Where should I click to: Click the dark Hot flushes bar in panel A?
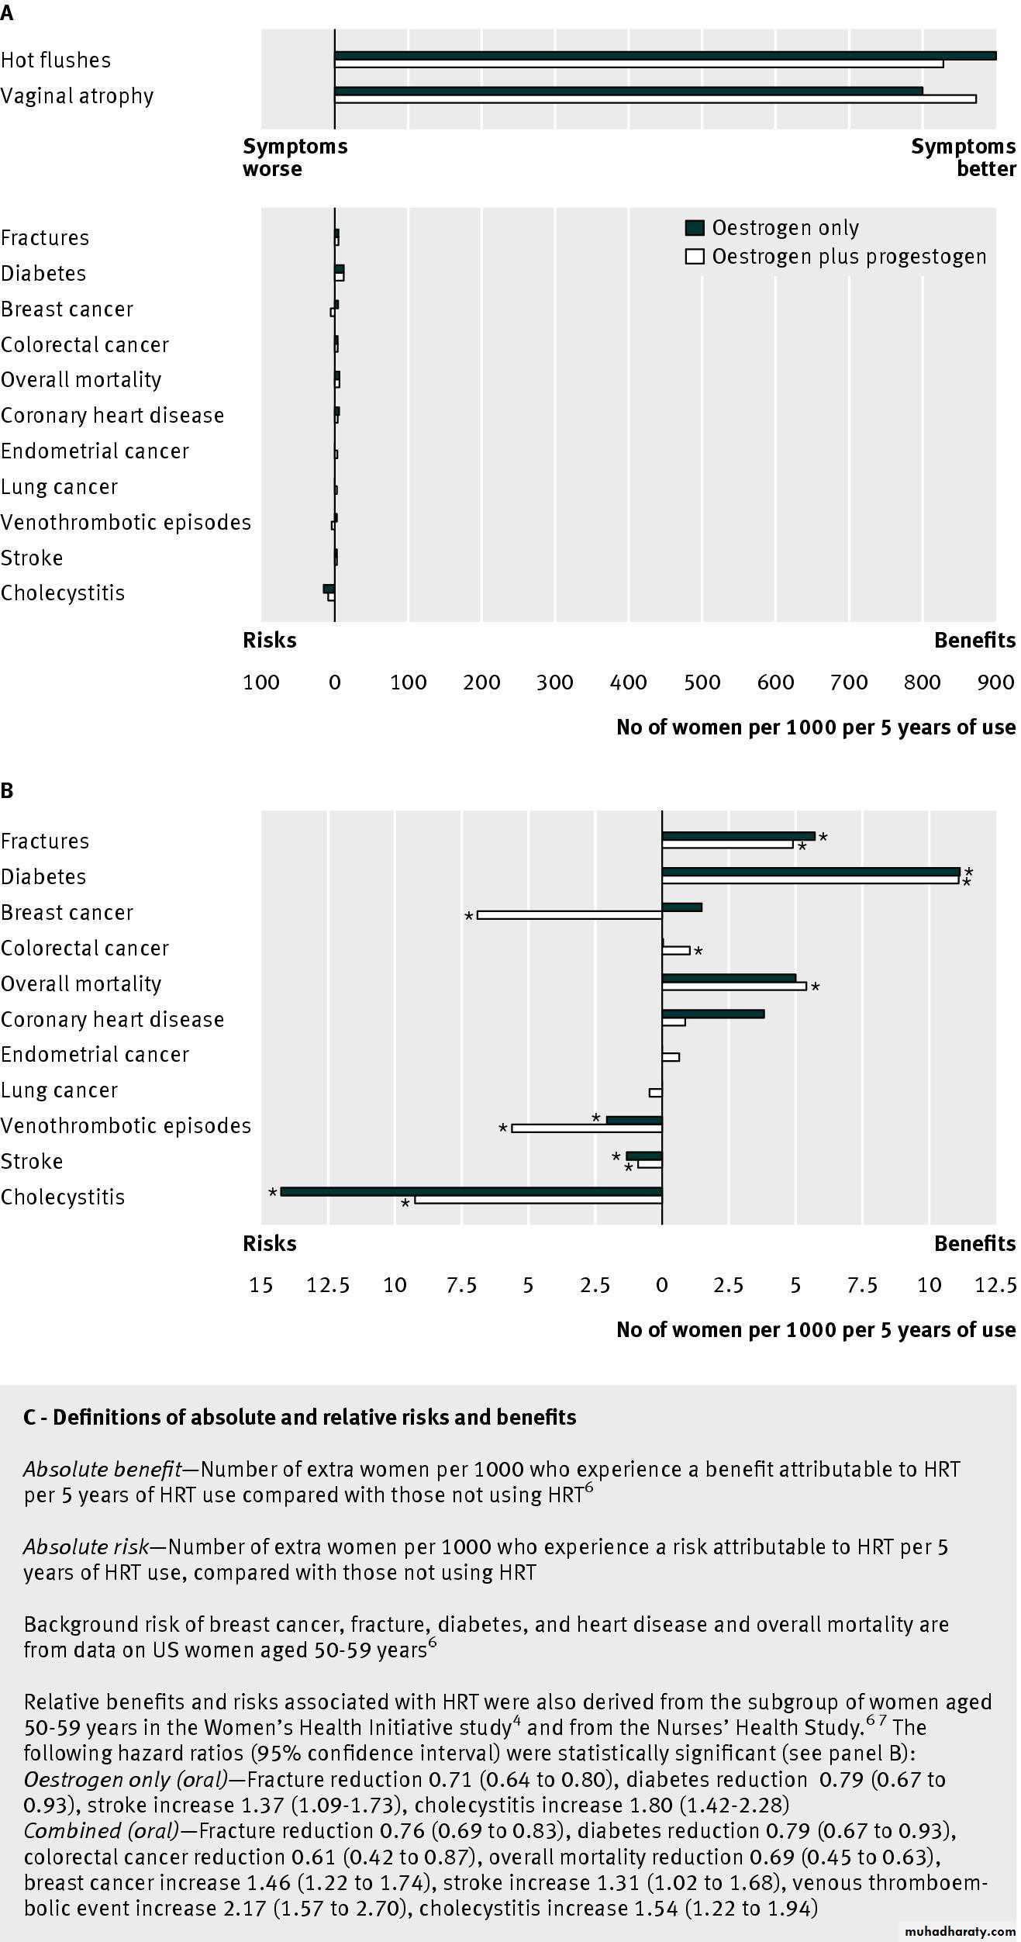665,56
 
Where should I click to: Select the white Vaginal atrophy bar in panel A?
655,99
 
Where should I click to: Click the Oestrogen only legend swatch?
695,228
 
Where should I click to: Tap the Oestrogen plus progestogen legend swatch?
695,257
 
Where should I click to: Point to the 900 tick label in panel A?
995,682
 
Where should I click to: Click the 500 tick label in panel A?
702,682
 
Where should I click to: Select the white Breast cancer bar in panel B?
570,915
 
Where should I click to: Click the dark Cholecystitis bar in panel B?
471,1191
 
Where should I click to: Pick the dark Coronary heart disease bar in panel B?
713,1014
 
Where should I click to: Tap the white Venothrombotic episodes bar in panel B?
587,1128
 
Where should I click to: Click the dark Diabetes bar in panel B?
811,872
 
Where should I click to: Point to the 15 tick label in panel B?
261,1285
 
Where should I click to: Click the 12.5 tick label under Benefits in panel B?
995,1285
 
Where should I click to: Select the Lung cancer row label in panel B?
60,1090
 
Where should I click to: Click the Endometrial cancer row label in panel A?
95,451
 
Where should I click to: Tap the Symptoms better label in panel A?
963,157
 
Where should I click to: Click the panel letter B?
7,790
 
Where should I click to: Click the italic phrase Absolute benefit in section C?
102,1469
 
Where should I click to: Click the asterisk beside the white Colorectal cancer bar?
698,952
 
